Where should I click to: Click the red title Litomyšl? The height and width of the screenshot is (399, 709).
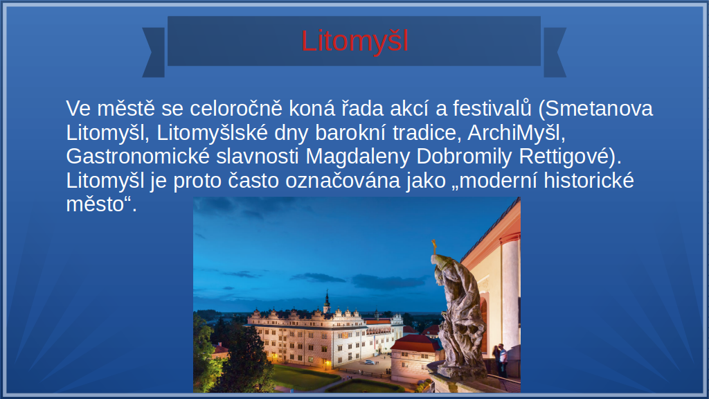click(x=355, y=41)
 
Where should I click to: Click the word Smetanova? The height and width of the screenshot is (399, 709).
click(x=599, y=109)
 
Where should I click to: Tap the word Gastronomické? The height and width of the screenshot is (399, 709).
click(x=138, y=157)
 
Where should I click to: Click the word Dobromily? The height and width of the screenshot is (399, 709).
click(x=465, y=157)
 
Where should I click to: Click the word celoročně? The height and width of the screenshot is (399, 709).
click(x=236, y=109)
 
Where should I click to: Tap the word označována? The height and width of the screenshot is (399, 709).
click(x=343, y=181)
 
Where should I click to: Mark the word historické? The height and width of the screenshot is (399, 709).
click(x=589, y=181)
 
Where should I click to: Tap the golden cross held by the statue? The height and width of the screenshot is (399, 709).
click(x=435, y=247)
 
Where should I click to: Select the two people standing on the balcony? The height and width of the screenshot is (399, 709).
click(x=500, y=359)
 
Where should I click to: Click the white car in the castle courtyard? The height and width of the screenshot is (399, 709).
click(x=370, y=362)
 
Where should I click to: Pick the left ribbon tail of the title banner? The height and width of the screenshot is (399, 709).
click(x=154, y=52)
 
